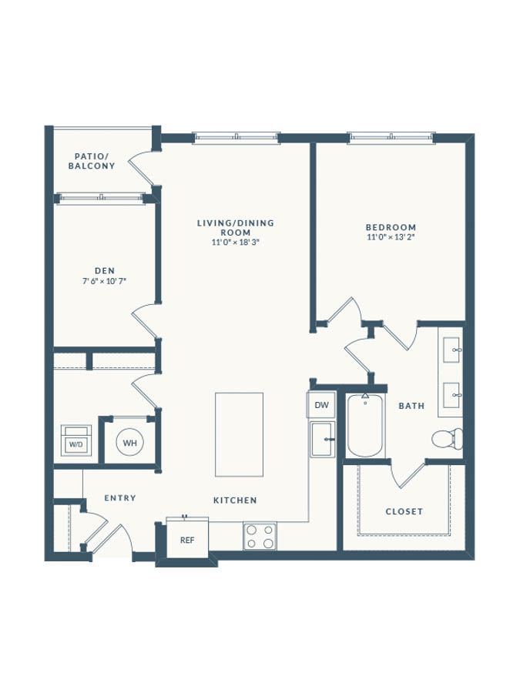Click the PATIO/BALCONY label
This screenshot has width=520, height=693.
pyautogui.click(x=92, y=162)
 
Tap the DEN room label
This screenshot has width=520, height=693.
pyautogui.click(x=105, y=271)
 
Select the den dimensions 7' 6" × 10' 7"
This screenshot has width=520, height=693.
pyautogui.click(x=105, y=281)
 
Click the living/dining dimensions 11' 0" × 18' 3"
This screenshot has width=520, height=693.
pyautogui.click(x=235, y=243)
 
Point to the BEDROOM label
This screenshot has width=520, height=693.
pyautogui.click(x=391, y=227)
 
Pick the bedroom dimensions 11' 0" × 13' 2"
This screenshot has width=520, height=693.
pyautogui.click(x=391, y=237)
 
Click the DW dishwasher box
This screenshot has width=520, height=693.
pyautogui.click(x=321, y=405)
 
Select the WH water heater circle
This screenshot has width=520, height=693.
pyautogui.click(x=130, y=443)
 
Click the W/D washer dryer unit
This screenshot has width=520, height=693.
pyautogui.click(x=76, y=440)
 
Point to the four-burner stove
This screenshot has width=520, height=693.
pyautogui.click(x=260, y=536)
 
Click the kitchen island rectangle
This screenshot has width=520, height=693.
pyautogui.click(x=240, y=435)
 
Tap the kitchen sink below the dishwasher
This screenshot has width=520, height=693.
pyautogui.click(x=322, y=440)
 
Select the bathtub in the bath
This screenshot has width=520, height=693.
pyautogui.click(x=365, y=425)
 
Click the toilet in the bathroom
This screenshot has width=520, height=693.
pyautogui.click(x=447, y=438)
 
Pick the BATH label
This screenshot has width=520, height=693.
pyautogui.click(x=411, y=406)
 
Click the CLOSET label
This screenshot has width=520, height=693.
pyautogui.click(x=404, y=511)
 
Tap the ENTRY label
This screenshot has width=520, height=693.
pyautogui.click(x=120, y=498)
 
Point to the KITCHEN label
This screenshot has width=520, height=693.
pyautogui.click(x=235, y=500)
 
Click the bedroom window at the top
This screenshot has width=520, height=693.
pyautogui.click(x=391, y=138)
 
